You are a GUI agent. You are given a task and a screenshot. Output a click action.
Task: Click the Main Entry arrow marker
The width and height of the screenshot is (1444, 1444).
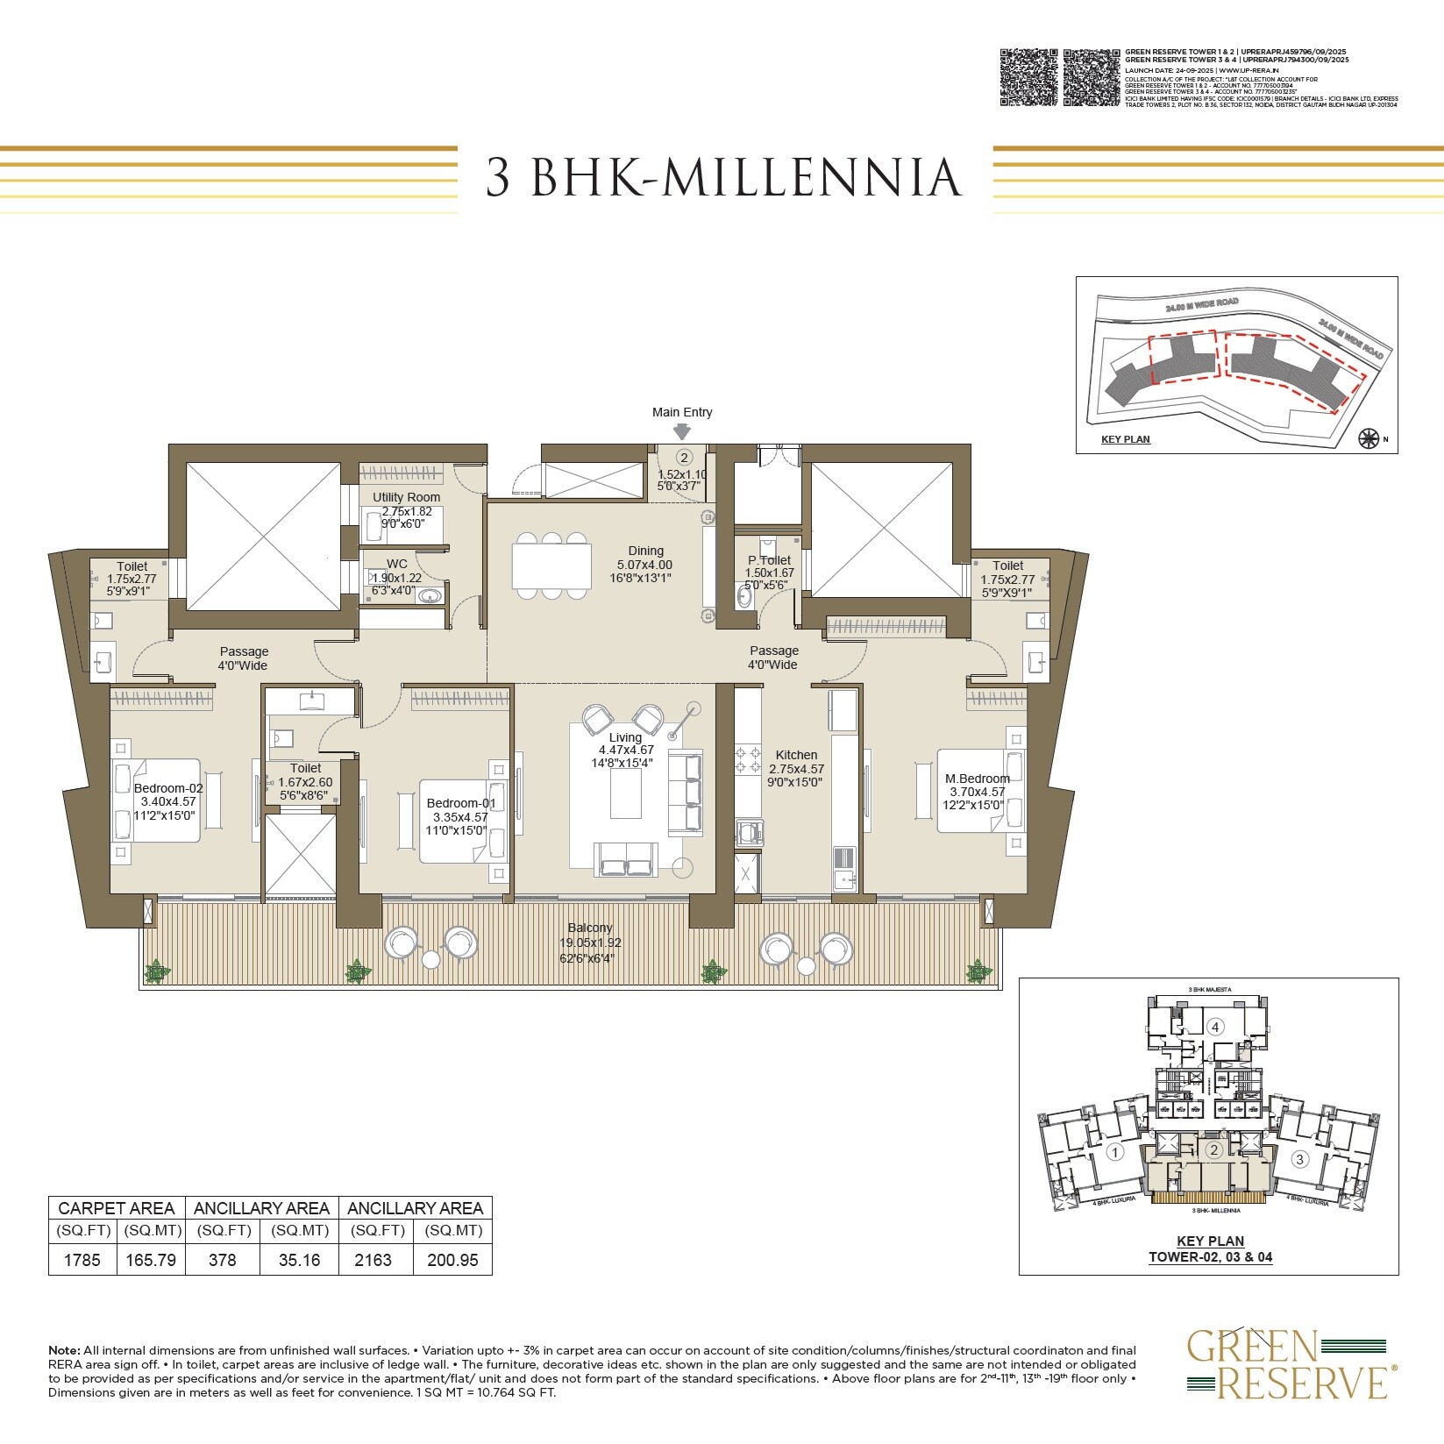click(681, 431)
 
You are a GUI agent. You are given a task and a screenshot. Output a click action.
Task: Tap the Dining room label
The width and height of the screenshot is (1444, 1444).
click(645, 551)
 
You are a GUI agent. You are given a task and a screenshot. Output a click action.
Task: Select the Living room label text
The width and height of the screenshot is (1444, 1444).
click(625, 737)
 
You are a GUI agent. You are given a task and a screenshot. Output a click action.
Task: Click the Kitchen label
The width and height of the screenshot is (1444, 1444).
click(796, 755)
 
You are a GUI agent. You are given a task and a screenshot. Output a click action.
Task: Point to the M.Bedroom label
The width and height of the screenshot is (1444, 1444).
click(977, 779)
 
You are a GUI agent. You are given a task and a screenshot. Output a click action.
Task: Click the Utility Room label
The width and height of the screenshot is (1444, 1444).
click(406, 497)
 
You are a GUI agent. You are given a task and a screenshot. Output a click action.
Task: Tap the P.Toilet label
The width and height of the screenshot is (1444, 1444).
click(769, 560)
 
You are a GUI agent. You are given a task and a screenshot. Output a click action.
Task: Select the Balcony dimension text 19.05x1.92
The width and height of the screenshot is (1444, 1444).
click(590, 943)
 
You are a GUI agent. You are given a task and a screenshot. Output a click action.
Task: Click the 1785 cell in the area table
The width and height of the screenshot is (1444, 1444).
click(83, 1260)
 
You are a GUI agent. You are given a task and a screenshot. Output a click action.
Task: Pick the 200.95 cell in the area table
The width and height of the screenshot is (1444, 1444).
click(452, 1260)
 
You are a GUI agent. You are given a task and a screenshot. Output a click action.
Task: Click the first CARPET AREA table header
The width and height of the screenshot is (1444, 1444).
click(117, 1208)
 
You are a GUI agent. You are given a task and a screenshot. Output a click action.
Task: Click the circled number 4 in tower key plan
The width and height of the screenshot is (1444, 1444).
click(1214, 1027)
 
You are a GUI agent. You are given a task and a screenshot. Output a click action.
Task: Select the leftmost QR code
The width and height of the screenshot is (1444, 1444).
click(1028, 77)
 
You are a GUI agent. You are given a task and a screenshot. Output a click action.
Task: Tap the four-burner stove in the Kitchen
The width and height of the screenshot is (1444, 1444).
click(748, 759)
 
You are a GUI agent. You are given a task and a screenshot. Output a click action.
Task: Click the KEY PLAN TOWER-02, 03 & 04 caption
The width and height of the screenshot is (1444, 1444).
click(1210, 1248)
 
